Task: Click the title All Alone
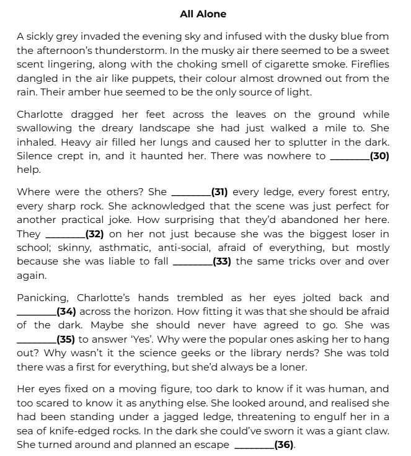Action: pyautogui.click(x=203, y=14)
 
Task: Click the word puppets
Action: pyautogui.click(x=160, y=78)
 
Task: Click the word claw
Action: pyautogui.click(x=377, y=432)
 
